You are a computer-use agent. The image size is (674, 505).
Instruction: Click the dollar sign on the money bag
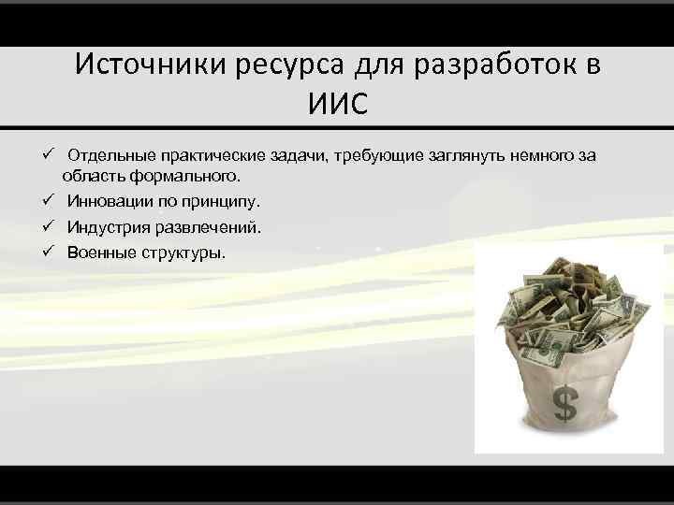564,404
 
